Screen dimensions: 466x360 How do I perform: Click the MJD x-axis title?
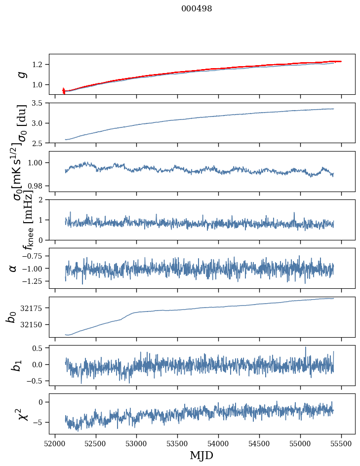(201, 455)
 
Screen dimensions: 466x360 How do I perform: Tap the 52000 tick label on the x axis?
(55, 443)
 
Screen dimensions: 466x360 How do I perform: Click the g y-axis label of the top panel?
(21, 74)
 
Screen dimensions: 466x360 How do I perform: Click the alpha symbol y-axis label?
(13, 268)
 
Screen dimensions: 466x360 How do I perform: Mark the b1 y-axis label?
(16, 365)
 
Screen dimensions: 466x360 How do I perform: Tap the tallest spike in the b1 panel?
(305, 348)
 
